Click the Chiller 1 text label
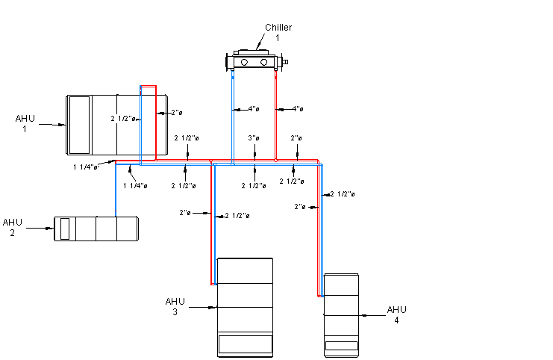278,32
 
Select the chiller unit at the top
255,60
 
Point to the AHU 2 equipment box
96,229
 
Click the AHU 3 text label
175,306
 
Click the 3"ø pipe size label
254,138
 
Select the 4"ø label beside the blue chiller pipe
254,109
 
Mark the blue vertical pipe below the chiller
233,112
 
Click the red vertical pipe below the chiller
276,112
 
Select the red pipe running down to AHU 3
211,224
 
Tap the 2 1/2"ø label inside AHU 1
123,119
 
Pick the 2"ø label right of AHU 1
176,113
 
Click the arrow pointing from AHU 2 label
40,229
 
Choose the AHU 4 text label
396,314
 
